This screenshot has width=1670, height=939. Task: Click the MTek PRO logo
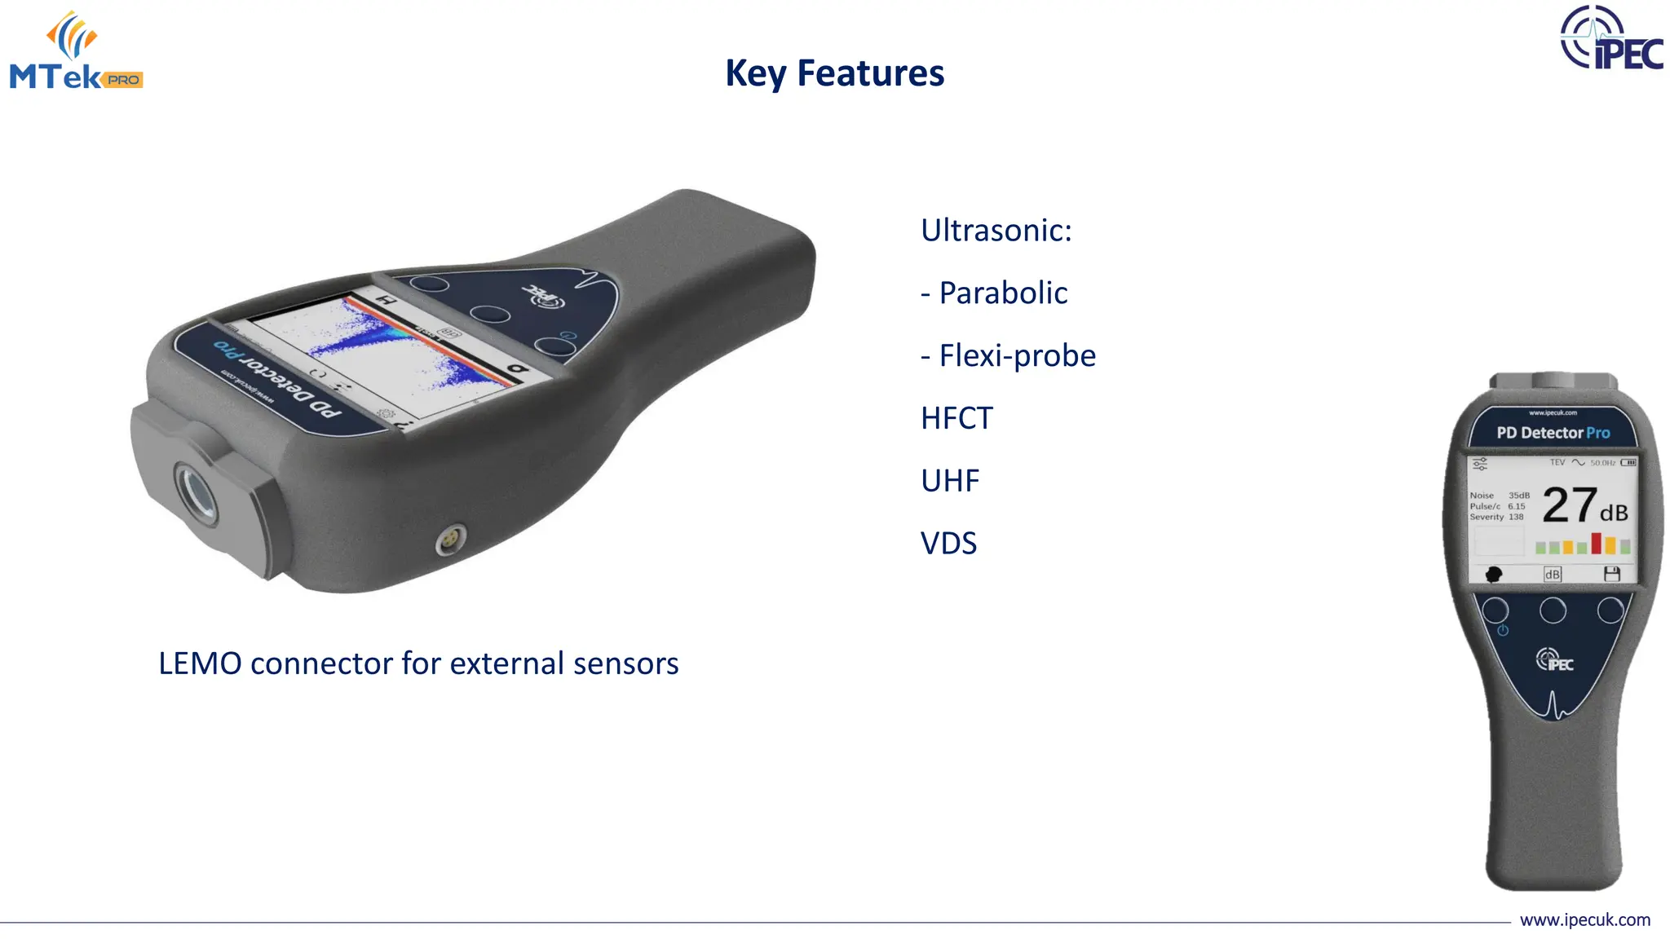click(76, 51)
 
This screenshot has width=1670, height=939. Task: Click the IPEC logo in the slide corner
click(1610, 38)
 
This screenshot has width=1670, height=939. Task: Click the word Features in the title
click(870, 73)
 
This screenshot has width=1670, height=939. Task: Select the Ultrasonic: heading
click(996, 231)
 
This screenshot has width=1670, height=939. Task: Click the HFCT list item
click(956, 418)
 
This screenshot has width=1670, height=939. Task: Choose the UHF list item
click(950, 481)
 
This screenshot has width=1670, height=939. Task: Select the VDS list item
click(948, 544)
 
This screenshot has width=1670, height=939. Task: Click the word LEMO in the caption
click(200, 663)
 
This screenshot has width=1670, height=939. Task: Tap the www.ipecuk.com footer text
click(1584, 920)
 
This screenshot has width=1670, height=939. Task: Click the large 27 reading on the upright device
click(1569, 505)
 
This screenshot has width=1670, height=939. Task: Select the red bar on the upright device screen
click(1596, 543)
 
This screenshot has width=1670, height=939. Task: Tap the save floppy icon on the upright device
click(1611, 574)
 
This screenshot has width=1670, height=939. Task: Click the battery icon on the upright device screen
click(1628, 463)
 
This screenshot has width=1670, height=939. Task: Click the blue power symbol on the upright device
click(1503, 630)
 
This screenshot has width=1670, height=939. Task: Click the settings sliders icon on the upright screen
click(1480, 464)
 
